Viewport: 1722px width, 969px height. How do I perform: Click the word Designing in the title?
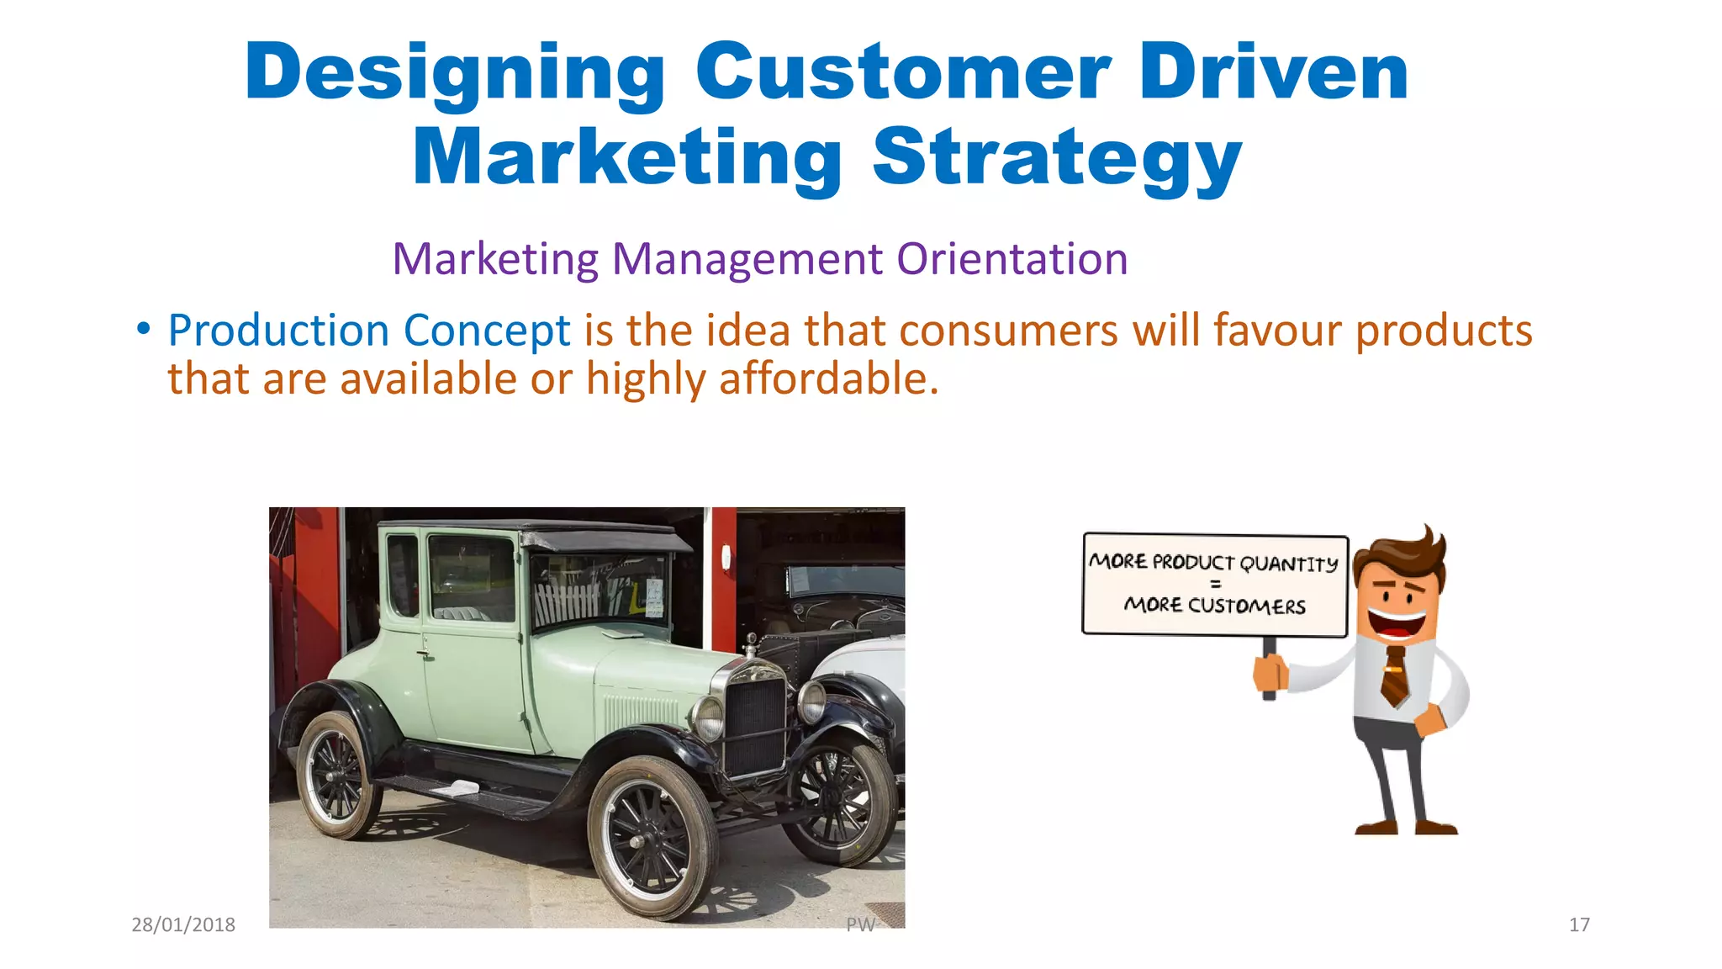(x=455, y=74)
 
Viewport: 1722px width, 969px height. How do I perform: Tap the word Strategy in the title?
(x=1057, y=159)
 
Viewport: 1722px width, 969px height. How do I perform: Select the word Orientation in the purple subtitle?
(x=1012, y=258)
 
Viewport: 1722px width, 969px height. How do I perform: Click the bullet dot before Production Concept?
(x=144, y=329)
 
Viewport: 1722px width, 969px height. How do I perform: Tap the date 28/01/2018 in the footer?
(x=183, y=924)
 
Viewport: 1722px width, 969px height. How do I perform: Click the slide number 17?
(x=1579, y=924)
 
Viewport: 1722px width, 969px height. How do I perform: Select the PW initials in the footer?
(x=860, y=924)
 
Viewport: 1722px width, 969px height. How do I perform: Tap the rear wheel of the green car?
(x=338, y=774)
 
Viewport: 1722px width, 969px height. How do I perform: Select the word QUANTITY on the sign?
(x=1288, y=564)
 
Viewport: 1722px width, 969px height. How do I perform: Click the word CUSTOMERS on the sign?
(x=1246, y=606)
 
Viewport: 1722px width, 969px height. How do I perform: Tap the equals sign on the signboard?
(x=1215, y=584)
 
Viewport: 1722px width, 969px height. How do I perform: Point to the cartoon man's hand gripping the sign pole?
(x=1270, y=673)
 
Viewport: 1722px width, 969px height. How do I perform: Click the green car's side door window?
(x=470, y=579)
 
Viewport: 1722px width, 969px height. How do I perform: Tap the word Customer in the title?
(x=903, y=74)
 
